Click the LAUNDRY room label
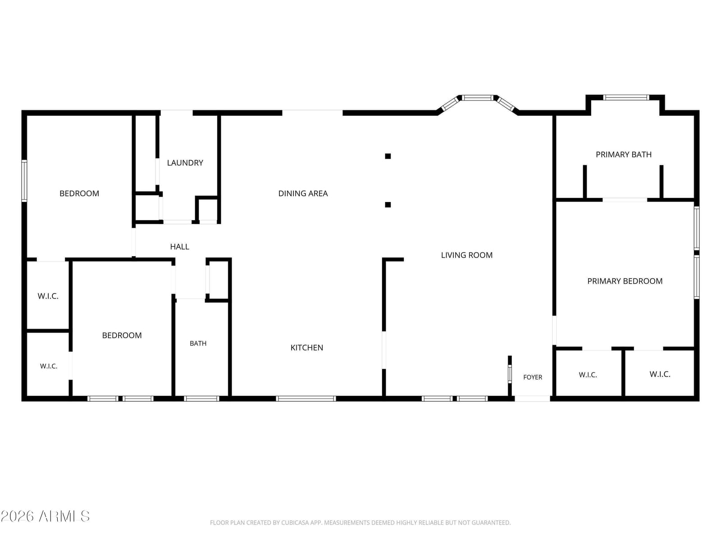pos(185,163)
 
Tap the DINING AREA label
pos(303,193)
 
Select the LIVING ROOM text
pos(466,255)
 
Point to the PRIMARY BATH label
pos(624,154)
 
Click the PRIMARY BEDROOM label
pos(625,281)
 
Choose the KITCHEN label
pos(306,348)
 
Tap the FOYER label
pos(533,377)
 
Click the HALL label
pos(179,247)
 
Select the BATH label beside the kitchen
pos(198,344)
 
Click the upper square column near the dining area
pos(388,156)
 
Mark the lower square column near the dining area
pos(388,205)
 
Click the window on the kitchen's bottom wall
pos(306,399)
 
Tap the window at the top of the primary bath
pos(626,97)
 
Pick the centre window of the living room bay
pos(478,97)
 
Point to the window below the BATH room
pos(201,399)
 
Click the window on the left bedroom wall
pos(24,181)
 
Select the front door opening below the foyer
pos(532,399)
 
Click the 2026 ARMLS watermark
pos(45,517)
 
